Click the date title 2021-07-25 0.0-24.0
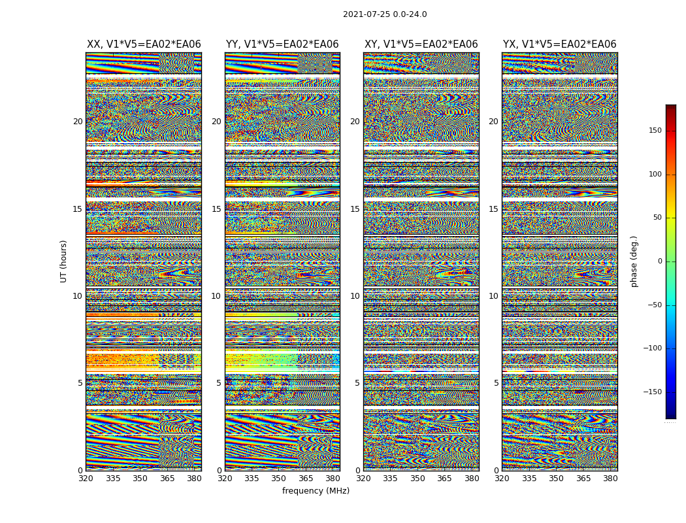pos(385,14)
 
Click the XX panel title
pos(144,44)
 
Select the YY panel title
pos(282,44)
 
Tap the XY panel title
pos(421,44)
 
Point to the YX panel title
pos(559,44)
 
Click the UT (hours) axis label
pos(64,261)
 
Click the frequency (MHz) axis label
pos(316,491)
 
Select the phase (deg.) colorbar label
pos(634,261)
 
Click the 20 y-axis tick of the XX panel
pos(78,122)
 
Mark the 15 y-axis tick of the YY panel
pos(216,209)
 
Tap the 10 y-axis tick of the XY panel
pos(355,296)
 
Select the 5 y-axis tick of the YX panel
pos(496,383)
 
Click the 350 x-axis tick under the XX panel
pos(140,479)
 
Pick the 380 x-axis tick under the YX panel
pos(610,479)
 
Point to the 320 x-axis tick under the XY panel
pos(364,479)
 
